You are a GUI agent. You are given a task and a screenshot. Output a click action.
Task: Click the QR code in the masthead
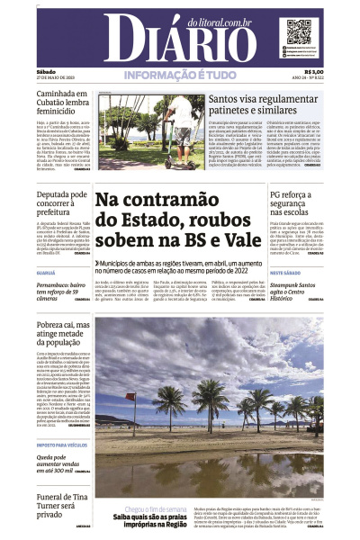point(298,38)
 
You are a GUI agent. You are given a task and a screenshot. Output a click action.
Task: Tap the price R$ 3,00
point(314,71)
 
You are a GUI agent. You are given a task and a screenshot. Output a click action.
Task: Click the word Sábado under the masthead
point(46,71)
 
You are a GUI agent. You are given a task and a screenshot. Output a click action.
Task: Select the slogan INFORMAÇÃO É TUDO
point(180,76)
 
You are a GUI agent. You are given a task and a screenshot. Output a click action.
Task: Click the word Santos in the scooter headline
point(226,101)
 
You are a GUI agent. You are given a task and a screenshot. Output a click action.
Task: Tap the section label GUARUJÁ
point(47,272)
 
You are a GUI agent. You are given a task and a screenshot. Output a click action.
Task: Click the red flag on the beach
point(130,397)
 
